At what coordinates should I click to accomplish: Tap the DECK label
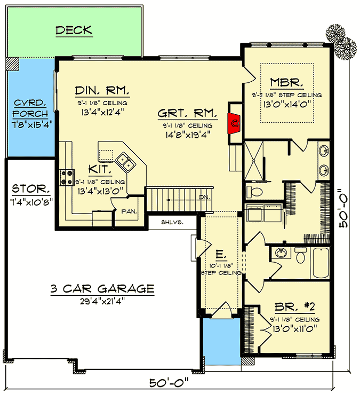coord(74,30)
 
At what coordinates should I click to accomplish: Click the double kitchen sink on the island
coord(124,159)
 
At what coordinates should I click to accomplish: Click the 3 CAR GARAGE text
coord(102,289)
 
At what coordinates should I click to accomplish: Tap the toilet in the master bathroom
coord(253,190)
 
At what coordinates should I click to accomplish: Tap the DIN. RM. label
coord(102,89)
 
